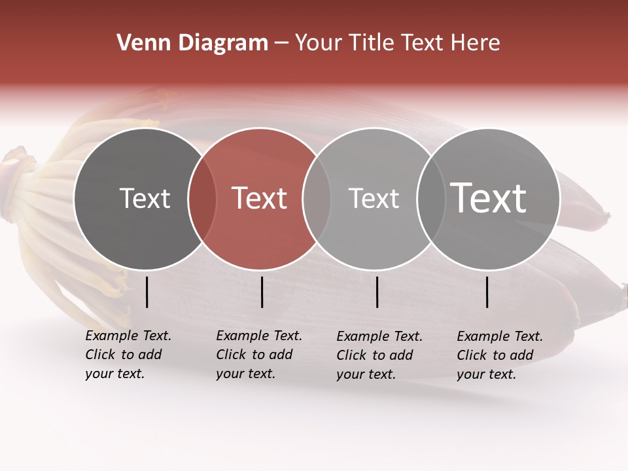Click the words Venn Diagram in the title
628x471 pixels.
click(192, 43)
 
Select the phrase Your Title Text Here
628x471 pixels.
click(397, 43)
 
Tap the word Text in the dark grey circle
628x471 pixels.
click(145, 198)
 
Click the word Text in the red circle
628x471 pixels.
click(260, 198)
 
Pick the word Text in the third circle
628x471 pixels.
click(374, 198)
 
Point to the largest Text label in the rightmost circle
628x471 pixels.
click(489, 198)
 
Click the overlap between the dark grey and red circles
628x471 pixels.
click(202, 199)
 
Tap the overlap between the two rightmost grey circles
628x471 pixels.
click(430, 199)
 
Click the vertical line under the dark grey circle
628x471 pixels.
click(147, 292)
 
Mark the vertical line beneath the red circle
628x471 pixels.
click(262, 292)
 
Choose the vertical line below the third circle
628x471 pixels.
click(377, 292)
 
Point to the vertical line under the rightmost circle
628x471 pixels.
click(487, 292)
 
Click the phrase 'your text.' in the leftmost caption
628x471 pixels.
click(114, 374)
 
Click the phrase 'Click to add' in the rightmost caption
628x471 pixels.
click(495, 355)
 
